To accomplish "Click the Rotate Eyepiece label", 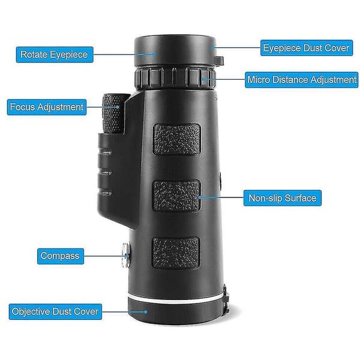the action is (55, 55).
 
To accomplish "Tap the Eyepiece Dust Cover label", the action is (307, 48).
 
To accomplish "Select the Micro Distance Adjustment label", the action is (301, 80).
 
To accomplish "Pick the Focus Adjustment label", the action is (47, 107).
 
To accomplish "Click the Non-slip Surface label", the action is (283, 198).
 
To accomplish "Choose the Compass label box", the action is (61, 256).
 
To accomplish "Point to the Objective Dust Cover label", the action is (55, 311).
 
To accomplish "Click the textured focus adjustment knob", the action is (113, 113).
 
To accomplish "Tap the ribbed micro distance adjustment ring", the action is (175, 77).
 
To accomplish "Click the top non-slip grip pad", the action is (177, 139).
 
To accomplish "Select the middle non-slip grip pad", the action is (176, 196).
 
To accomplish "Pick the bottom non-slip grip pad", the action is (176, 253).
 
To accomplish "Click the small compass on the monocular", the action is (126, 256).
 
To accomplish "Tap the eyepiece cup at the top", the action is (175, 50).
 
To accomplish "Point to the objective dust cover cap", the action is (176, 312).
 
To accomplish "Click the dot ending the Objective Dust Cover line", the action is (145, 312).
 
